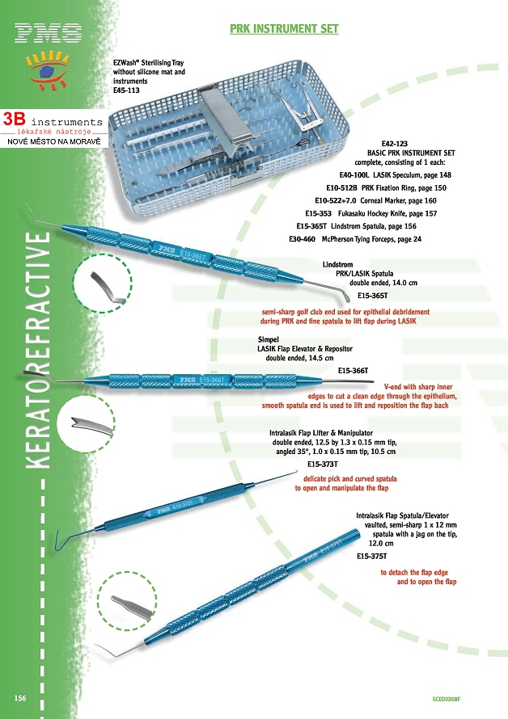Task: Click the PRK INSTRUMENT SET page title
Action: tap(284, 29)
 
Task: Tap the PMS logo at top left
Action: tap(49, 32)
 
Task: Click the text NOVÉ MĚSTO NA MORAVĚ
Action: tap(53, 142)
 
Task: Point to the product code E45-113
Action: tap(127, 90)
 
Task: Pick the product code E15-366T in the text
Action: tap(353, 370)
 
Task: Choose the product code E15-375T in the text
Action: tap(371, 556)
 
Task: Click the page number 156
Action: tap(22, 697)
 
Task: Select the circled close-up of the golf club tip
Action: tap(102, 284)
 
